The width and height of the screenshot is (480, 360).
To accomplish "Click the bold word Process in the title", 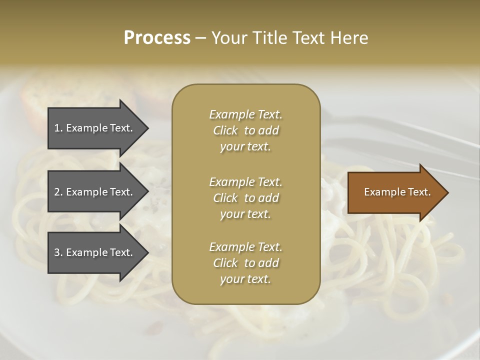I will (x=157, y=37).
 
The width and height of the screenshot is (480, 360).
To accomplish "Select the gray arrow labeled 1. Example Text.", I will (x=95, y=128).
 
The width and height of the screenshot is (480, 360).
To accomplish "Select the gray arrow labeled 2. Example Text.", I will (x=95, y=192).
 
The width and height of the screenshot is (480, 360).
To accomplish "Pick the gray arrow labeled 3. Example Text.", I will (x=95, y=252).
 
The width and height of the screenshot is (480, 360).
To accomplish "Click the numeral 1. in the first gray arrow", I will (x=58, y=128).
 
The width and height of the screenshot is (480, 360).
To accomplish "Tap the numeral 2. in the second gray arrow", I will (x=58, y=192).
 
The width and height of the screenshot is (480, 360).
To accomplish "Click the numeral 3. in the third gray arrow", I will (x=58, y=252).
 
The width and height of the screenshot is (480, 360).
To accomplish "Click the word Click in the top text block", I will (x=225, y=130).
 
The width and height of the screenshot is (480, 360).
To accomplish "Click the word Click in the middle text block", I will (x=225, y=198).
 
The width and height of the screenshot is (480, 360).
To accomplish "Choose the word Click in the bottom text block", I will (x=225, y=263).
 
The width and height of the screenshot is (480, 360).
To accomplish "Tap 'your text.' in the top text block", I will (x=245, y=147).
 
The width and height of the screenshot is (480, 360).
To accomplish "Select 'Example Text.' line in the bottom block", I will (x=245, y=247).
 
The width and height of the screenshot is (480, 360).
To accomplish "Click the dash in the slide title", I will (x=200, y=38).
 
